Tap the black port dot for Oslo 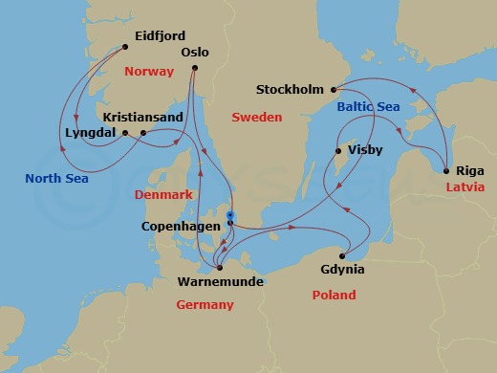195,68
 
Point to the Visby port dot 337,151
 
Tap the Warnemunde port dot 220,267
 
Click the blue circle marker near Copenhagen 230,214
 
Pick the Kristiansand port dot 142,133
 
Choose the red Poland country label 335,296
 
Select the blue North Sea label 55,177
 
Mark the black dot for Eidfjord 124,46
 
